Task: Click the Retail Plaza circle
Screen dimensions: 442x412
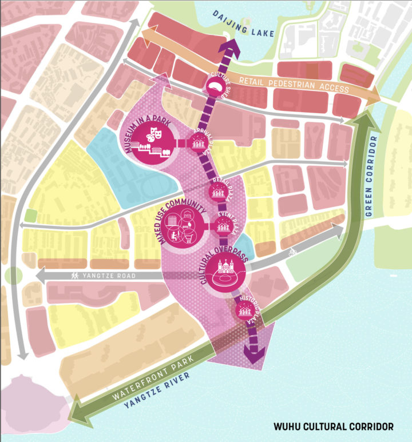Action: [x=219, y=191]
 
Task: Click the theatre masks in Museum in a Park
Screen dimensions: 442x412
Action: [x=154, y=136]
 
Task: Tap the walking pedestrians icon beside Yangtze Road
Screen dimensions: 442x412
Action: [x=74, y=276]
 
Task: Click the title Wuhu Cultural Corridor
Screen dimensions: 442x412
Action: [x=333, y=426]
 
